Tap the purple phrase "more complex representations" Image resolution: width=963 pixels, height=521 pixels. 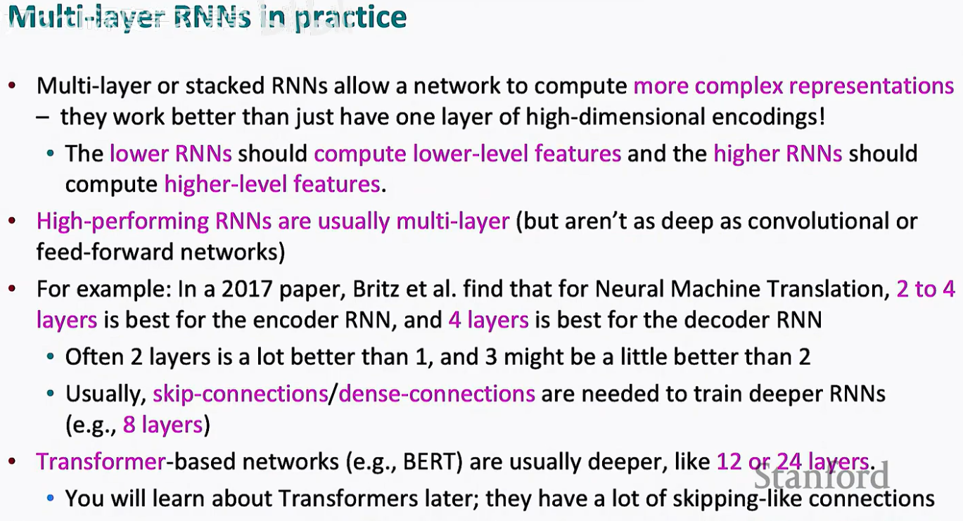793,86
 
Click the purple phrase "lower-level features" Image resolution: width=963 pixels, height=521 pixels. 467,153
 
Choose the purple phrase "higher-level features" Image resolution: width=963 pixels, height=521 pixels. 272,184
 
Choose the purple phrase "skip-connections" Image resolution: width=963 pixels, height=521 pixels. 240,393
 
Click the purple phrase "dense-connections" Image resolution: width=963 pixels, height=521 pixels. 437,393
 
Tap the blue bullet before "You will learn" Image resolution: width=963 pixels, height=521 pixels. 49,499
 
